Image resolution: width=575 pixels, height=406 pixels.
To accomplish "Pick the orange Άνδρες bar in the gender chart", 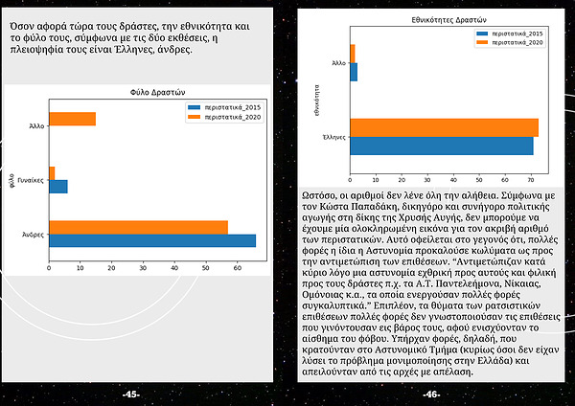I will pyautogui.click(x=138, y=227).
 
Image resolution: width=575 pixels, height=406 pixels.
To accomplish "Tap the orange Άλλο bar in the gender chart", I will pyautogui.click(x=72, y=119).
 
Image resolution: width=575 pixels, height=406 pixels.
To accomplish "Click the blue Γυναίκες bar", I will pyautogui.click(x=57, y=186).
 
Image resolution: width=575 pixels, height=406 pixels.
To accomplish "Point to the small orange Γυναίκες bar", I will pyautogui.click(x=52, y=172).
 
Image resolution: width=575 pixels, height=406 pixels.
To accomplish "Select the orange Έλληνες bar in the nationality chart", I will pyautogui.click(x=444, y=127).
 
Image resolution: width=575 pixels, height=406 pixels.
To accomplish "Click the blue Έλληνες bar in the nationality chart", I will pyautogui.click(x=441, y=146).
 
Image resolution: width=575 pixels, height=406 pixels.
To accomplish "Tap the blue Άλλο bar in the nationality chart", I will pyautogui.click(x=354, y=72).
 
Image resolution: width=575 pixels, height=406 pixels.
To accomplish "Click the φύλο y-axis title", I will pyautogui.click(x=11, y=179).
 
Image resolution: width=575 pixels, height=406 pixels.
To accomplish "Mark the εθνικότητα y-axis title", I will pyautogui.click(x=315, y=100).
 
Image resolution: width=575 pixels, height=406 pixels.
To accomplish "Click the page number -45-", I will pyautogui.click(x=131, y=394).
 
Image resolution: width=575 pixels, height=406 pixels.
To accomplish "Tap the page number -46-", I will pyautogui.click(x=431, y=394).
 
